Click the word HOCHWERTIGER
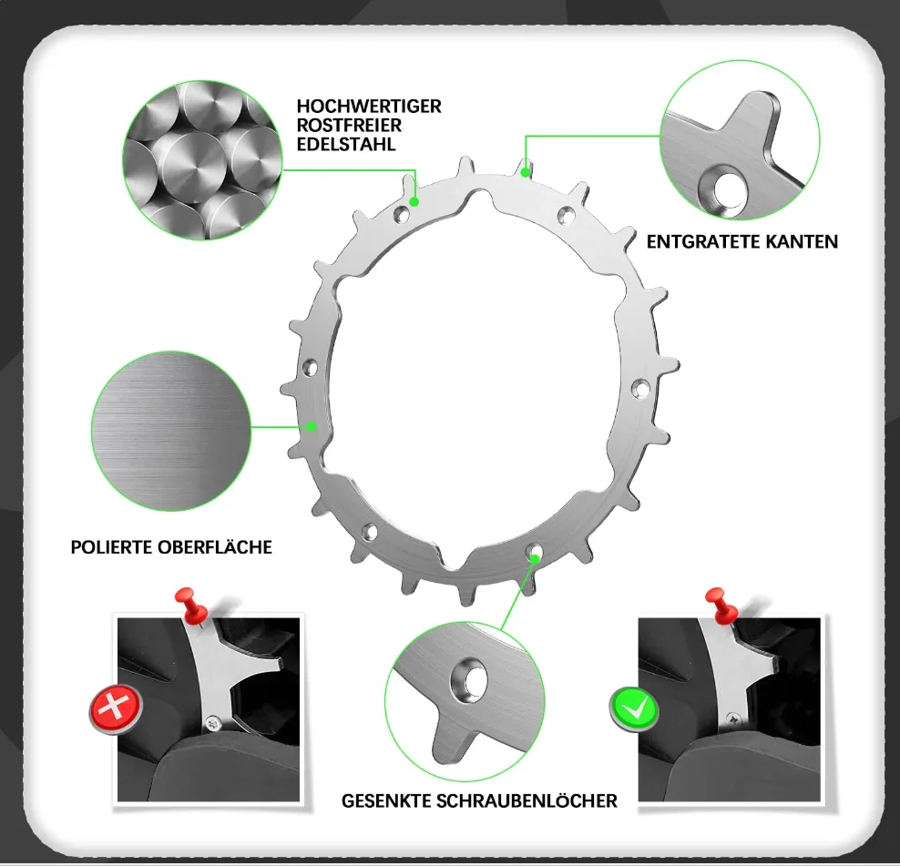click(369, 107)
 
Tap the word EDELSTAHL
click(346, 144)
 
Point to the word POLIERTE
click(111, 547)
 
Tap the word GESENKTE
click(386, 800)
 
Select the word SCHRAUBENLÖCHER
click(527, 800)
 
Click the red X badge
click(116, 708)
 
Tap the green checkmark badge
click(634, 708)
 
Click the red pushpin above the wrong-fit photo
click(190, 606)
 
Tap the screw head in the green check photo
click(733, 718)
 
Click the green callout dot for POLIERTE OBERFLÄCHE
click(312, 426)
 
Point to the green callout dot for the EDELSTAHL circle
click(414, 201)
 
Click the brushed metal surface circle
click(171, 431)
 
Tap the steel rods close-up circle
click(202, 160)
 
